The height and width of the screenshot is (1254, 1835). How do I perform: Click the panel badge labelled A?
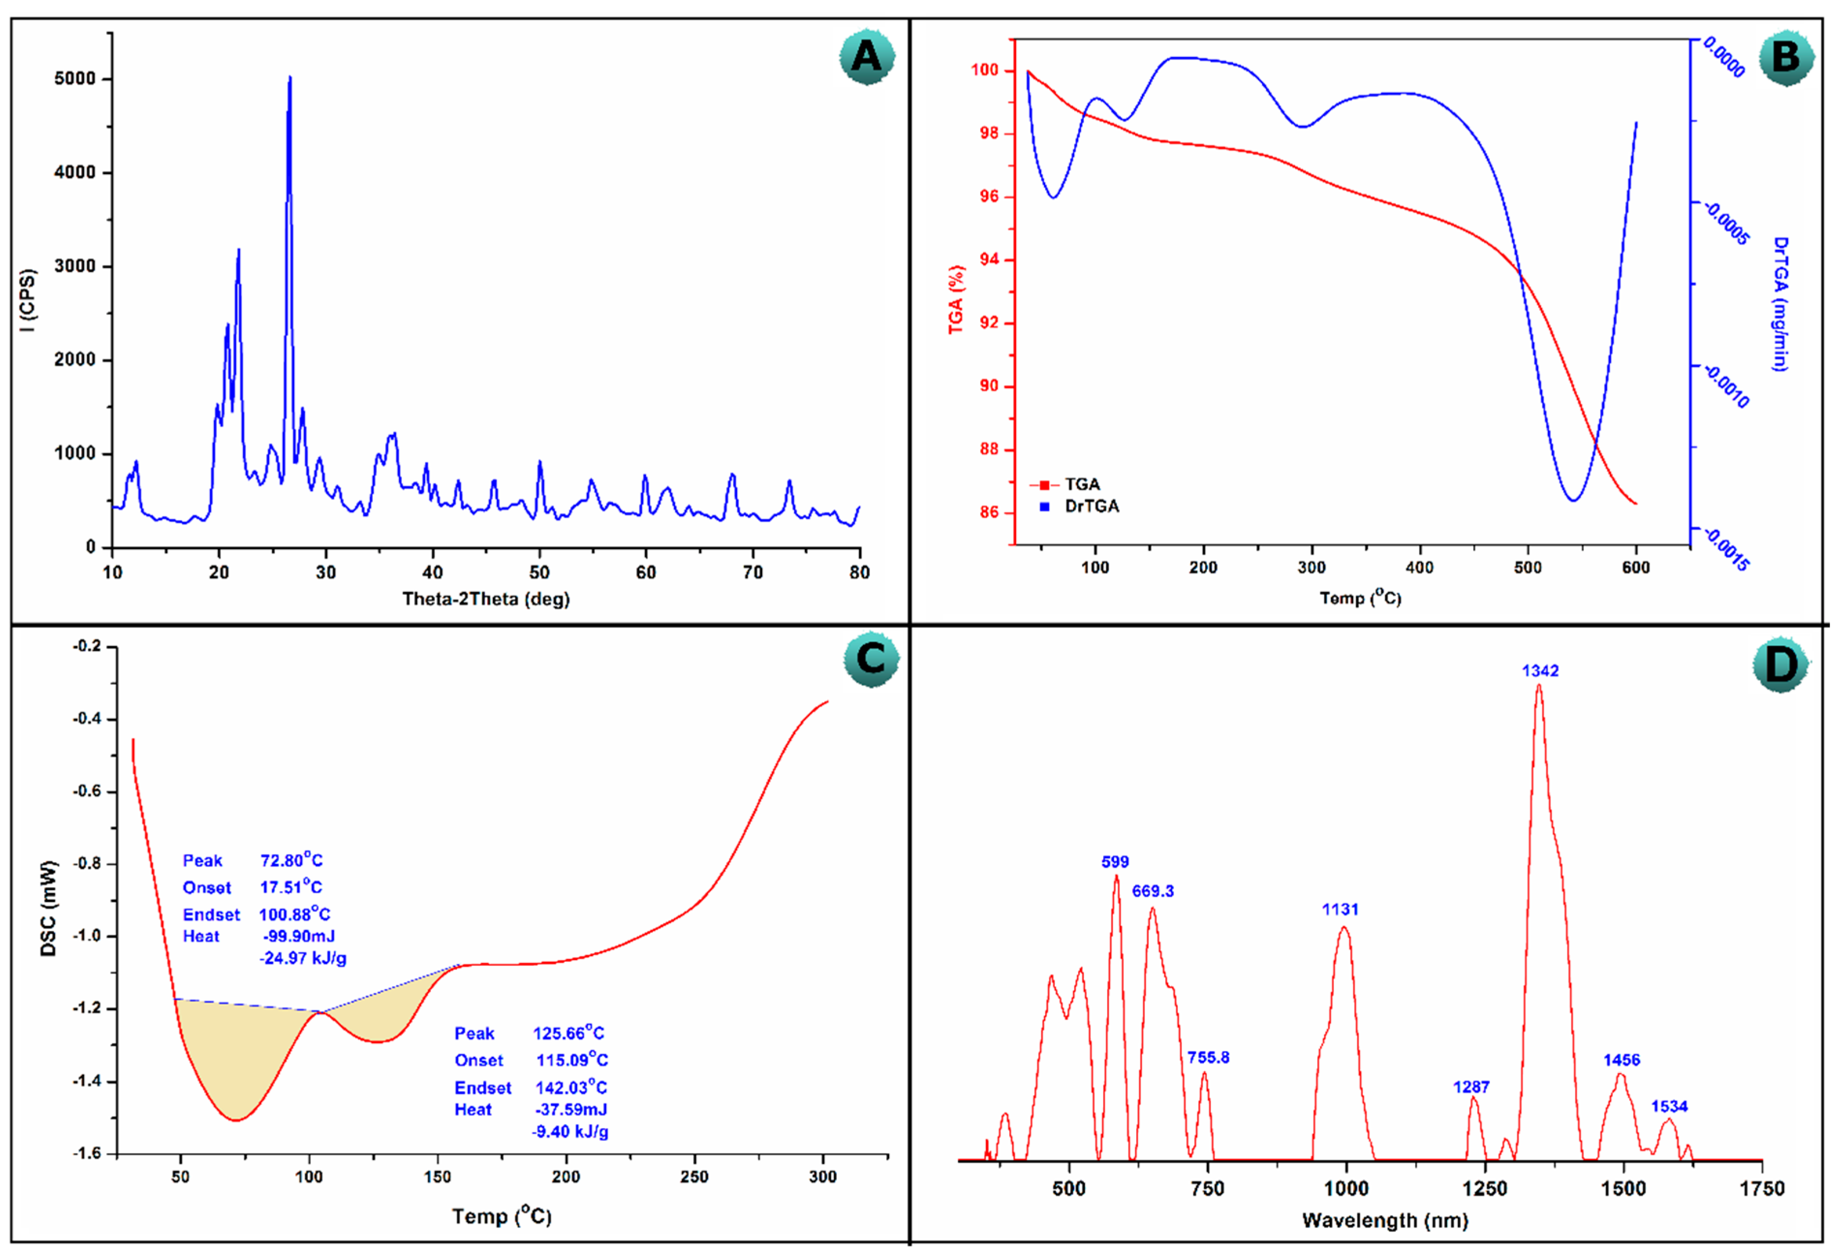[x=866, y=57]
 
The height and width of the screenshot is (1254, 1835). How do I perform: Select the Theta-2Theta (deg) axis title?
[x=486, y=599]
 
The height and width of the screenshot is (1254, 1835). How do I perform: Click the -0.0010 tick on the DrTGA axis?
[x=1726, y=386]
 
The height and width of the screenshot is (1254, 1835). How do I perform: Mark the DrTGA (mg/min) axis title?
[x=1781, y=304]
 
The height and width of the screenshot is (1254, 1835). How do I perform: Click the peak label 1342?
[x=1540, y=670]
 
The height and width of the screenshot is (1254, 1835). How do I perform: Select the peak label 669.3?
[x=1153, y=891]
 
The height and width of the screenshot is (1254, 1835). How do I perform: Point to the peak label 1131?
[x=1340, y=909]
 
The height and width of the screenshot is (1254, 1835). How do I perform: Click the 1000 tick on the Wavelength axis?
[x=1346, y=1189]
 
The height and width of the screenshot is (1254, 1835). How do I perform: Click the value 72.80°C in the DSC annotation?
[x=292, y=860]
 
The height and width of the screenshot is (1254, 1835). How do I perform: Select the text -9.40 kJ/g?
[x=570, y=1131]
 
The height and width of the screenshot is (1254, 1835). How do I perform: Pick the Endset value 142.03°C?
[x=571, y=1087]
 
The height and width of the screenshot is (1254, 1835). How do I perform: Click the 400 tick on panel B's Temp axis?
[x=1419, y=567]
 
